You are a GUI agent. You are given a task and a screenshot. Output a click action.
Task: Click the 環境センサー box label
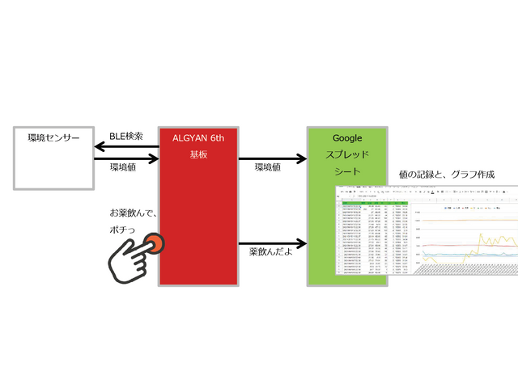click(x=54, y=137)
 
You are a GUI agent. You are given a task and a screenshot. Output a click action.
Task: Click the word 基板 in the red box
click(x=199, y=154)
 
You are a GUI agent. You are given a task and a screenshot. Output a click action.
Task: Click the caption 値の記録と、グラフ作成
click(x=447, y=175)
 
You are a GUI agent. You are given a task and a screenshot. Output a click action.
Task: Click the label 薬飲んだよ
click(x=273, y=253)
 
